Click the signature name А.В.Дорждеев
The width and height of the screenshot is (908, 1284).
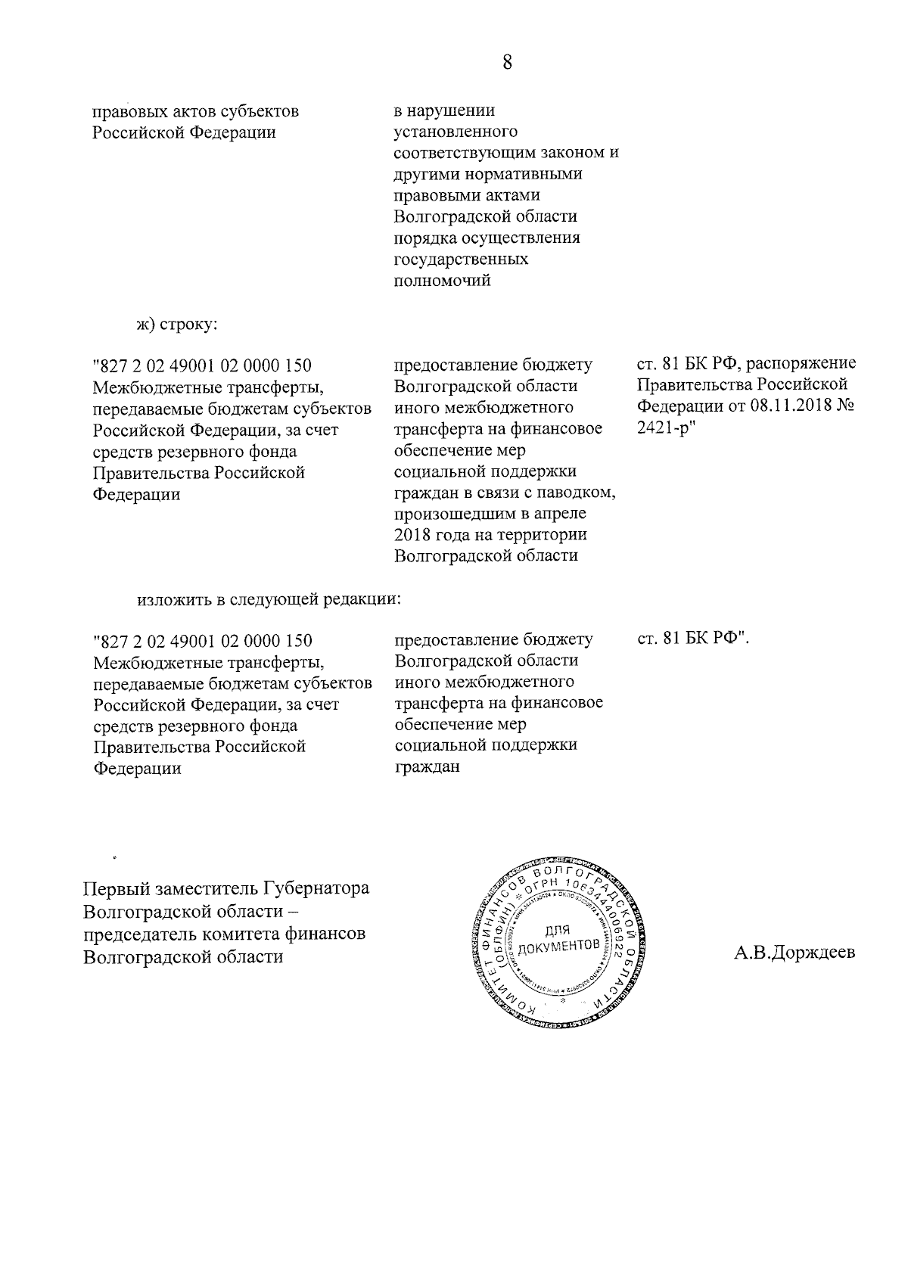point(794,952)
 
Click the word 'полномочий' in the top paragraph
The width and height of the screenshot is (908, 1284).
point(443,281)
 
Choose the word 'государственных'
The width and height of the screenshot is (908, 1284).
point(462,260)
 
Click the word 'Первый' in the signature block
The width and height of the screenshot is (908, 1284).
point(115,888)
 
